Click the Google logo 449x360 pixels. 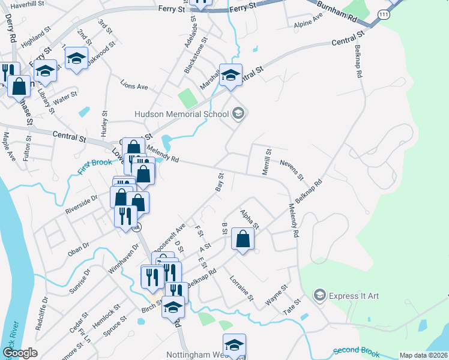pyautogui.click(x=20, y=353)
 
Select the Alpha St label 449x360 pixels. pyautogui.click(x=249, y=220)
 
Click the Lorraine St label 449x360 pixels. pyautogui.click(x=243, y=288)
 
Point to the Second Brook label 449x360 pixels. pyautogui.click(x=357, y=350)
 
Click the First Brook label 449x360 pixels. pyautogui.click(x=95, y=166)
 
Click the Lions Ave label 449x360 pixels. pyautogui.click(x=134, y=86)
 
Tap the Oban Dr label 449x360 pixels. pyautogui.click(x=79, y=248)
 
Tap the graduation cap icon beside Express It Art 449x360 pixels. pyautogui.click(x=320, y=295)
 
